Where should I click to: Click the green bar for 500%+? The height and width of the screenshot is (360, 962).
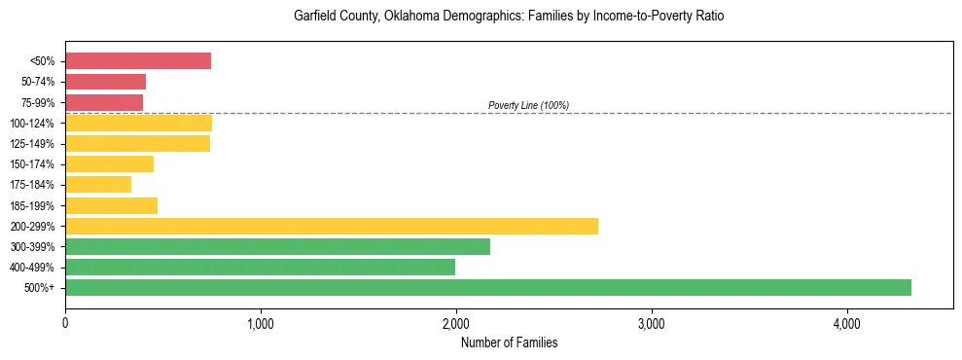(488, 287)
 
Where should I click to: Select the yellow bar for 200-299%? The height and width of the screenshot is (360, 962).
(332, 226)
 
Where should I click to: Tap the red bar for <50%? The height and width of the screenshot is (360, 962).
(138, 61)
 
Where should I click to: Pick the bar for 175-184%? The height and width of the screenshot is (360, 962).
(98, 185)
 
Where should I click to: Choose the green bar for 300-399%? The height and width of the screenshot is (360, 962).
(277, 246)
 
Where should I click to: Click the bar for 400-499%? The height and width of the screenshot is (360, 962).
(260, 267)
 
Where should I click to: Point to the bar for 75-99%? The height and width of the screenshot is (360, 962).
(104, 102)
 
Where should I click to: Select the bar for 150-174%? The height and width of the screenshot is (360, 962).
(109, 163)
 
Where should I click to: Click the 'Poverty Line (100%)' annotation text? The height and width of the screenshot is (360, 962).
(528, 105)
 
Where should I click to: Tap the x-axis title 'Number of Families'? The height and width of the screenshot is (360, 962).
(509, 342)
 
